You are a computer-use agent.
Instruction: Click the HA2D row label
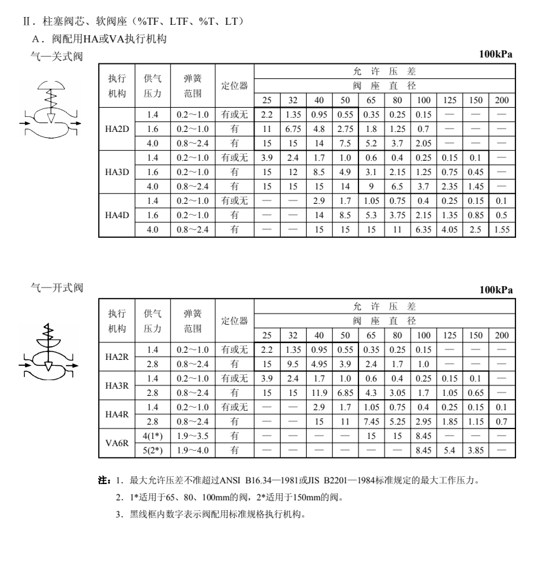click(116, 129)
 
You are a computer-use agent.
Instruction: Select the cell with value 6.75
click(292, 129)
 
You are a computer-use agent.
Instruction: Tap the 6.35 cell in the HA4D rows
click(423, 230)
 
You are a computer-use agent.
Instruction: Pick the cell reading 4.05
click(449, 230)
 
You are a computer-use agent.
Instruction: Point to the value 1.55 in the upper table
click(501, 230)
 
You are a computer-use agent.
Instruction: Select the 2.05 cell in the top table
click(423, 143)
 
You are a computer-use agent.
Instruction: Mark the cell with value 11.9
click(319, 393)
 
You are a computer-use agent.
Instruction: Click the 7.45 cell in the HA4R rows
click(371, 421)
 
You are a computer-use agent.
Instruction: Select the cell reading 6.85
click(345, 393)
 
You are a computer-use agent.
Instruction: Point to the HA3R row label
click(116, 385)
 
